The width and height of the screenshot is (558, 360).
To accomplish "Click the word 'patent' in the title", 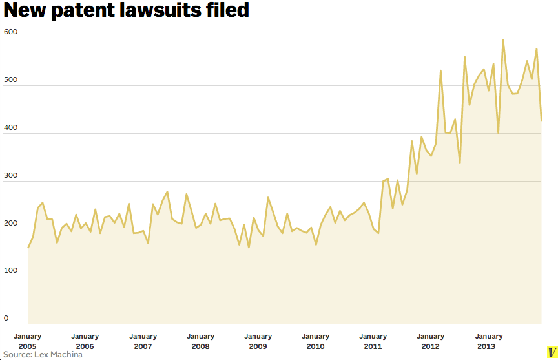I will tap(87, 11).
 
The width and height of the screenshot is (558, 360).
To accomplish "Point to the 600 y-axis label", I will tap(11, 32).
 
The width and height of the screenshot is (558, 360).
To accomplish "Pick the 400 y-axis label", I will tap(11, 127).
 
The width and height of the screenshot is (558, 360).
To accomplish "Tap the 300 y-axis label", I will tap(11, 175).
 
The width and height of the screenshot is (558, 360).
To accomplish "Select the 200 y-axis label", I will tap(11, 223).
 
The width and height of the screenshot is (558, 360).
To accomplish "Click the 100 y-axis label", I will tap(11, 271).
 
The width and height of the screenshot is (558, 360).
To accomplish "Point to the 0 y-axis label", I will tap(6, 318).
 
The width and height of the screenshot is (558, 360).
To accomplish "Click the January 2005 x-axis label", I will tap(28, 341).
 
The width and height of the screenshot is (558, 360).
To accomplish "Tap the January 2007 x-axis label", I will tap(143, 341).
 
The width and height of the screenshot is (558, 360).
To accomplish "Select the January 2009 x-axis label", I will tap(258, 341).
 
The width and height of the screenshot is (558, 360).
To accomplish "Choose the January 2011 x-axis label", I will tap(373, 341).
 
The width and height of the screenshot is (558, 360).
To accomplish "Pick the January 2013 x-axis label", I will tap(488, 341).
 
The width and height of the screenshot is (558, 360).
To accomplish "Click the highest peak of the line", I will tap(503, 40).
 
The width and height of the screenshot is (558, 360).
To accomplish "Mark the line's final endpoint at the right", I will tap(541, 120).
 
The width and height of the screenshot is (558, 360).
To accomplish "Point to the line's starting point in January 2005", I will tap(28, 248).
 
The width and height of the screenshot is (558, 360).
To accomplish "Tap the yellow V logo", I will tap(552, 353).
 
